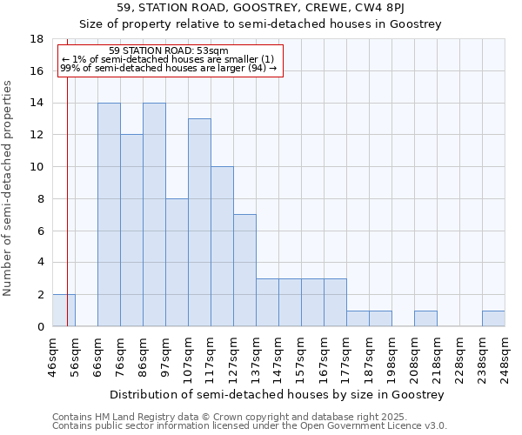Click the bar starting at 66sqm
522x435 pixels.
click(109, 215)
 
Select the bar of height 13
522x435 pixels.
click(199, 223)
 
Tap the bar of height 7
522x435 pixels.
click(244, 271)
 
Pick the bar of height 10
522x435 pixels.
click(222, 246)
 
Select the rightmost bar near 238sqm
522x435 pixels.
click(493, 318)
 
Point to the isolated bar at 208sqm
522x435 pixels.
click(425, 318)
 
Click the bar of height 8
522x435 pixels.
click(177, 263)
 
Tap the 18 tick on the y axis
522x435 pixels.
click(37, 39)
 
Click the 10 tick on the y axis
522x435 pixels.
click(37, 167)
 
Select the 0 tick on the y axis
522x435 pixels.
click(41, 326)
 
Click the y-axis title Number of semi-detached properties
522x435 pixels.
click(9, 188)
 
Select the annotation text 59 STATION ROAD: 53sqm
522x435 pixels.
click(170, 51)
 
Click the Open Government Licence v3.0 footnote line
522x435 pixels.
click(249, 426)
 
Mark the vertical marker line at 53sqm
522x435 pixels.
click(67, 200)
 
